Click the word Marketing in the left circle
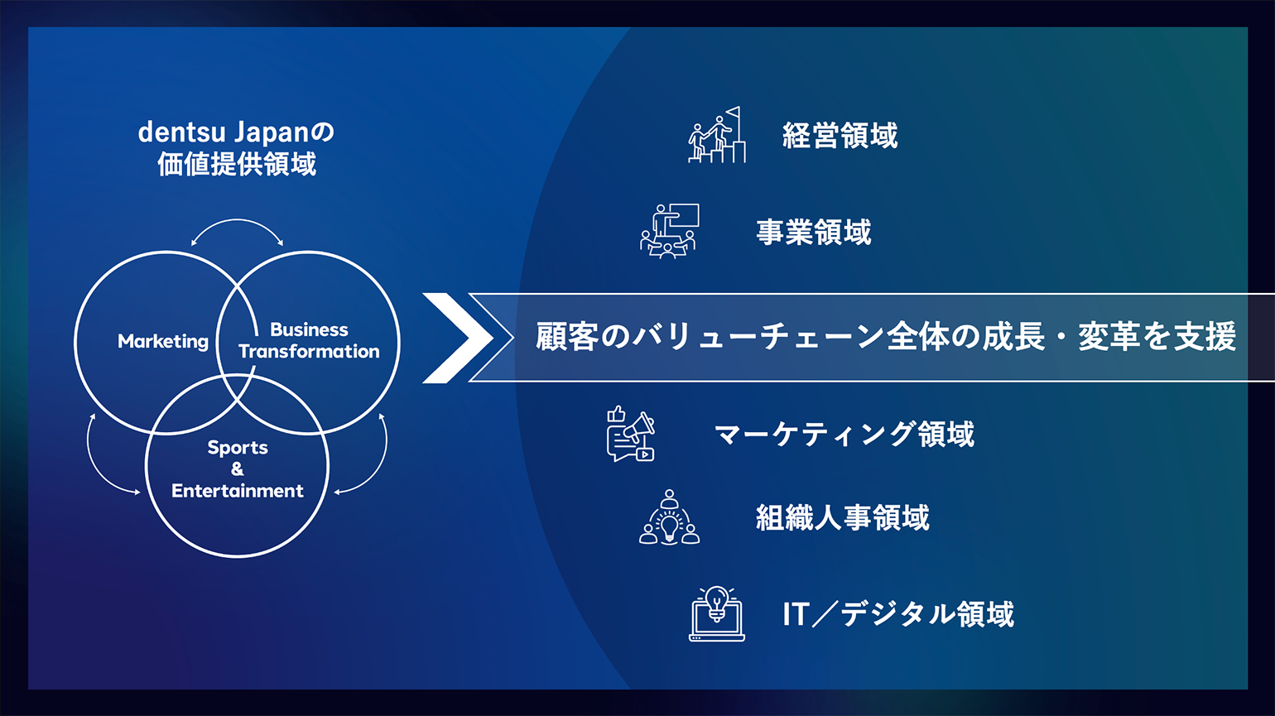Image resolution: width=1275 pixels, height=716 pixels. coord(163,342)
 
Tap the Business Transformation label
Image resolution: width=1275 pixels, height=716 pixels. coord(309,340)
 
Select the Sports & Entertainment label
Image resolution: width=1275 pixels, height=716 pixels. coord(238,469)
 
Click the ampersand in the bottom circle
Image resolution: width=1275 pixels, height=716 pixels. coord(238,469)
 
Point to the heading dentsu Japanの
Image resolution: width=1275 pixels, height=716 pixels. coord(236,132)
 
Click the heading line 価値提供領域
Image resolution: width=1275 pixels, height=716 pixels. coord(237,165)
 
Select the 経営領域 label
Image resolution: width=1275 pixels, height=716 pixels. coord(840,136)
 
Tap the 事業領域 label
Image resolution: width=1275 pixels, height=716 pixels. coord(814,233)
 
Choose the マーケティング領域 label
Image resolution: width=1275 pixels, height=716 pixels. coord(844,435)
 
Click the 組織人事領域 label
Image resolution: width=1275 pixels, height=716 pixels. coord(843,517)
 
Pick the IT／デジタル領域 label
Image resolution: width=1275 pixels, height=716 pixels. coord(898,614)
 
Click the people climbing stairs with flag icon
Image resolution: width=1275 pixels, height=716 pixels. coord(717,135)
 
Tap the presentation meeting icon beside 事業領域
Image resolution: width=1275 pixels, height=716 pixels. coord(669,231)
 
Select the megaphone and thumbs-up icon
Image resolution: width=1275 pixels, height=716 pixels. coord(631,434)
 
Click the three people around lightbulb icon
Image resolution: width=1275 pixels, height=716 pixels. coord(669,517)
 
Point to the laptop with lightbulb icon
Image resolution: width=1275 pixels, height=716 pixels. coord(717,614)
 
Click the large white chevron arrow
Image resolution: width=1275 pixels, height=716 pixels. coord(458,338)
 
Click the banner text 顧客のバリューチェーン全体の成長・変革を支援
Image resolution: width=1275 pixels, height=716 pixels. coord(886,336)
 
